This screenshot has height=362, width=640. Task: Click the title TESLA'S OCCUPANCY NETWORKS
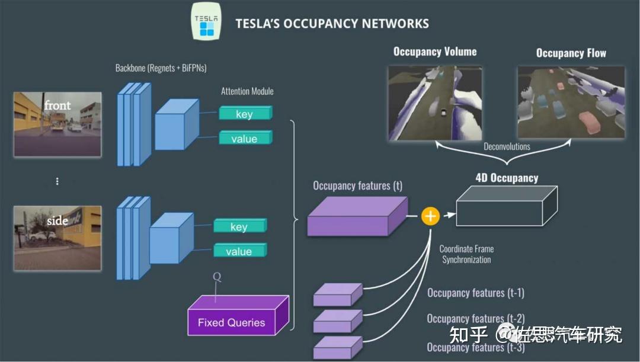pos(332,24)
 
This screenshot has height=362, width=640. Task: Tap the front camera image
pos(57,124)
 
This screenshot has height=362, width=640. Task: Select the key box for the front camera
pos(245,114)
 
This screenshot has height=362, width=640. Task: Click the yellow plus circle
pos(430,216)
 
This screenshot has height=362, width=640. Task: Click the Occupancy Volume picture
pos(435,102)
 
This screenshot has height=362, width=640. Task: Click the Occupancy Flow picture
pos(571,102)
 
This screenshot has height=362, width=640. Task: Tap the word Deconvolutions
pos(506,146)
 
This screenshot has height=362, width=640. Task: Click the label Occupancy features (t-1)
pos(475,293)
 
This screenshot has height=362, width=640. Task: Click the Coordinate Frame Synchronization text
pos(466,254)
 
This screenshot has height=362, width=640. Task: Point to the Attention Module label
pos(247,91)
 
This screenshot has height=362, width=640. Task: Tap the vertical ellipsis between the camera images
pos(57,181)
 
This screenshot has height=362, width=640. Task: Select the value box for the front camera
pos(245,139)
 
